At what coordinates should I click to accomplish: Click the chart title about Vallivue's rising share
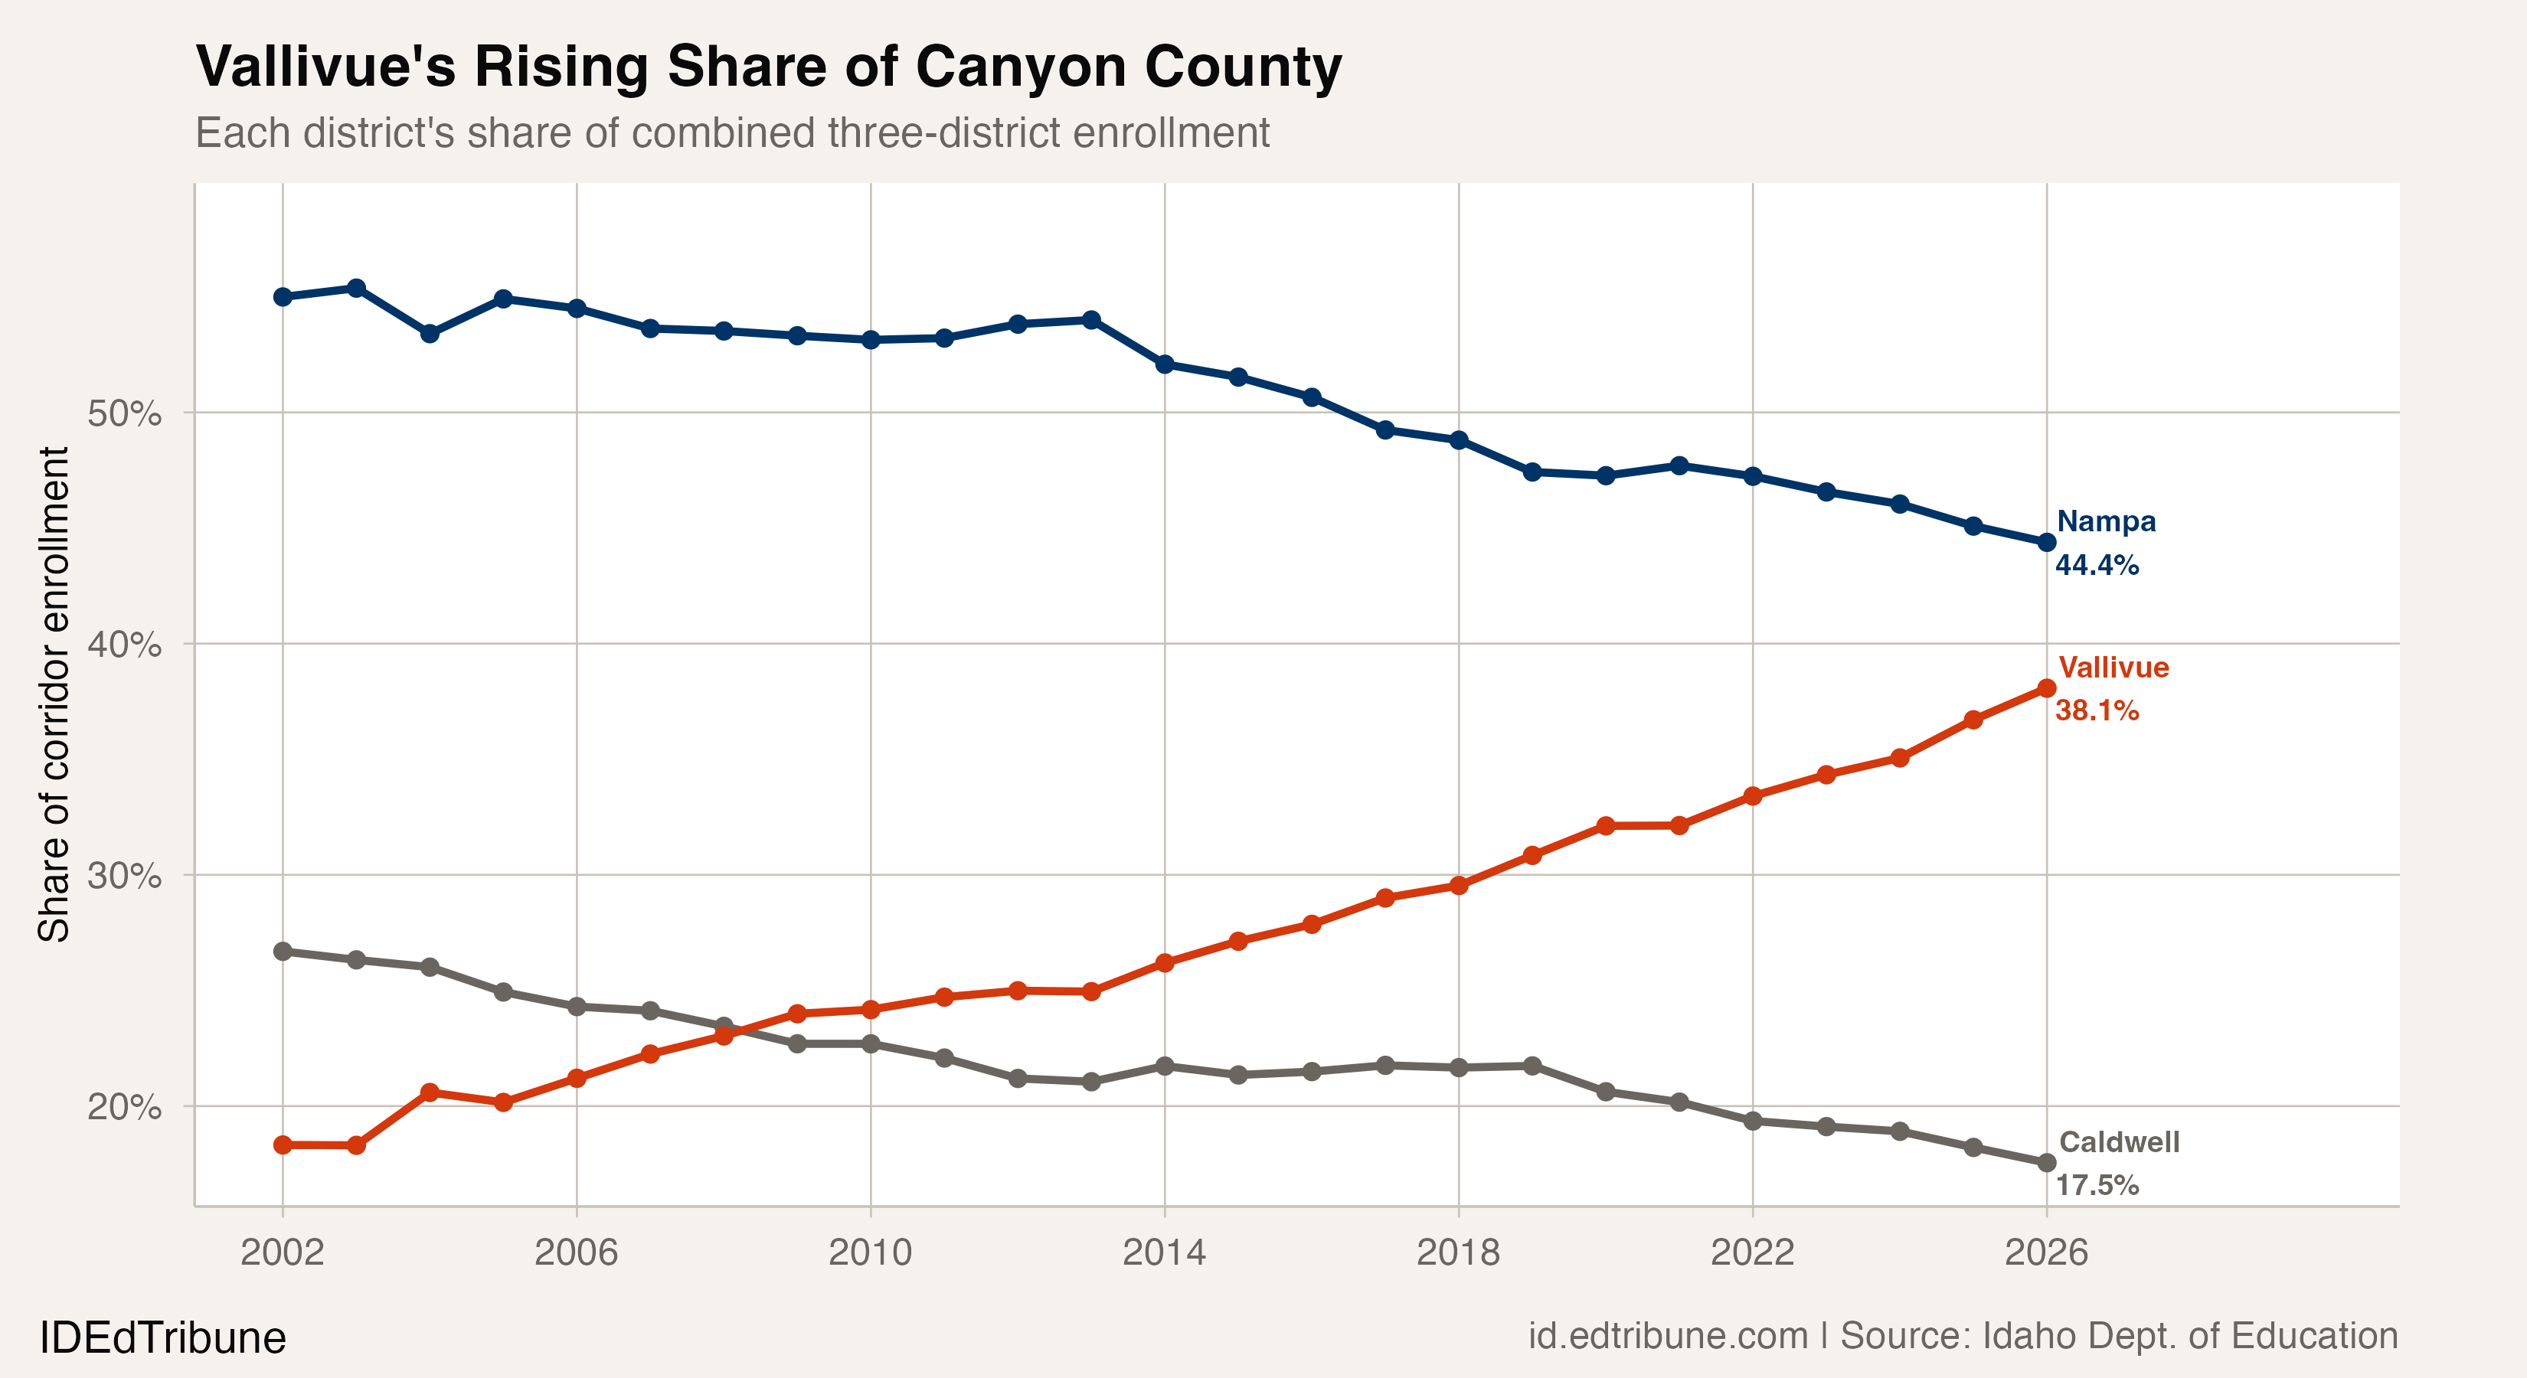(x=768, y=67)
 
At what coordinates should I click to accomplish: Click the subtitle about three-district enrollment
(x=732, y=133)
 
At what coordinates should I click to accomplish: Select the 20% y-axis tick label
(x=123, y=1106)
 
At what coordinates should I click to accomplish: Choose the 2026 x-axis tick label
(x=2045, y=1252)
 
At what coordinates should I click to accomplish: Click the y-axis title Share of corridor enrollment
(x=54, y=694)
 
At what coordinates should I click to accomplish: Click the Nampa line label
(x=2105, y=522)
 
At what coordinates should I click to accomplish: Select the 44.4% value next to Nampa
(x=2097, y=566)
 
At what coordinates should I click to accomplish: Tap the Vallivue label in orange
(x=2113, y=668)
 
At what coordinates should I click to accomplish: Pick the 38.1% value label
(x=2097, y=711)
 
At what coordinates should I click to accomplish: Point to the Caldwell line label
(x=2118, y=1143)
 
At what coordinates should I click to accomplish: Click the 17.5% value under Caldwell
(x=2097, y=1186)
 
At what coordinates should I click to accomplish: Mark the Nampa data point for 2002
(x=283, y=297)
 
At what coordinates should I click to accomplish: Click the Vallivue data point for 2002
(x=283, y=1145)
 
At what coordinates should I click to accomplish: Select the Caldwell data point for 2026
(x=2046, y=1163)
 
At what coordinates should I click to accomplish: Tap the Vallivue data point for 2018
(x=1459, y=886)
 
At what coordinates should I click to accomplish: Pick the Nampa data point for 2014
(x=1165, y=364)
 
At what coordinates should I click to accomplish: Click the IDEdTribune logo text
(x=163, y=1337)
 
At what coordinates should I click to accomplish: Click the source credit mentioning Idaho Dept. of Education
(x=1962, y=1337)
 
